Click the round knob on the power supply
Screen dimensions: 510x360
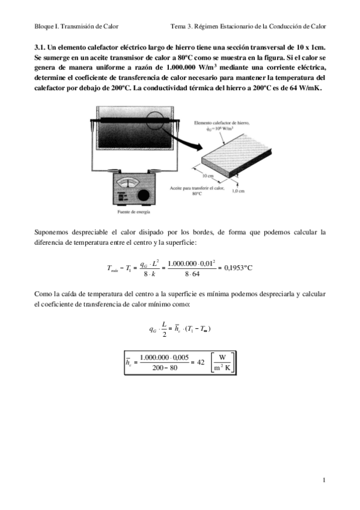coord(144,196)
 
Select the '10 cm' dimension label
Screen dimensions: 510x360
coord(208,176)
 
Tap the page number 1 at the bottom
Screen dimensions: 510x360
coord(324,480)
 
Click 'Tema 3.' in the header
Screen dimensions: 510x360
coord(183,26)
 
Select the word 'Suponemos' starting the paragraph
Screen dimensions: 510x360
coord(52,232)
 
